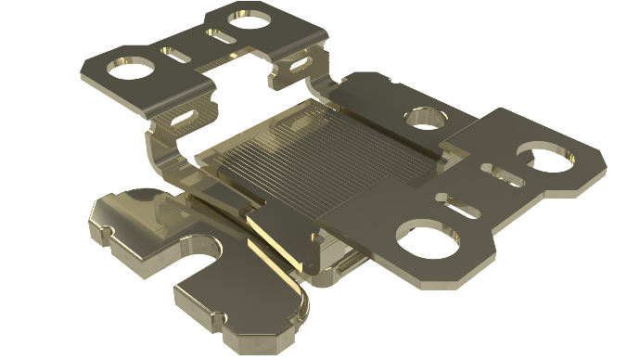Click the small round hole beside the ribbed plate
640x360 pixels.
point(428,118)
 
